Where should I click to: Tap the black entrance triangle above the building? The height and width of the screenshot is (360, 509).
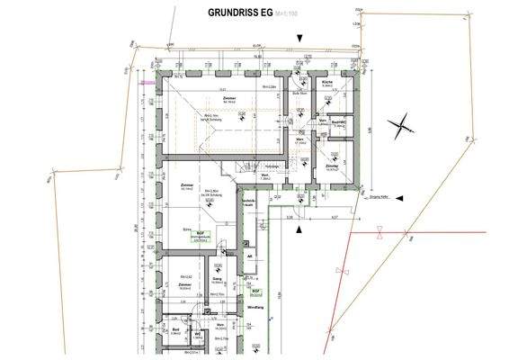[x=299, y=36]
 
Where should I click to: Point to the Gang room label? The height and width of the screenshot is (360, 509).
[x=217, y=279]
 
